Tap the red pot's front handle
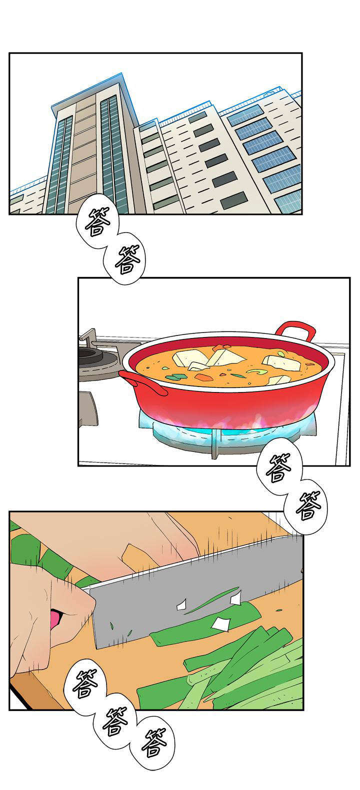click(x=143, y=382)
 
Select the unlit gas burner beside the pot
click(x=92, y=356)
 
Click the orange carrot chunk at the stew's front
click(x=204, y=377)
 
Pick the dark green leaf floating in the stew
click(x=175, y=376)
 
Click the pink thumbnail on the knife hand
click(x=54, y=618)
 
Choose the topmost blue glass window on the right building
click(x=245, y=115)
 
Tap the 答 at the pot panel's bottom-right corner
click(x=278, y=467)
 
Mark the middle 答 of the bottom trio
click(x=115, y=721)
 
